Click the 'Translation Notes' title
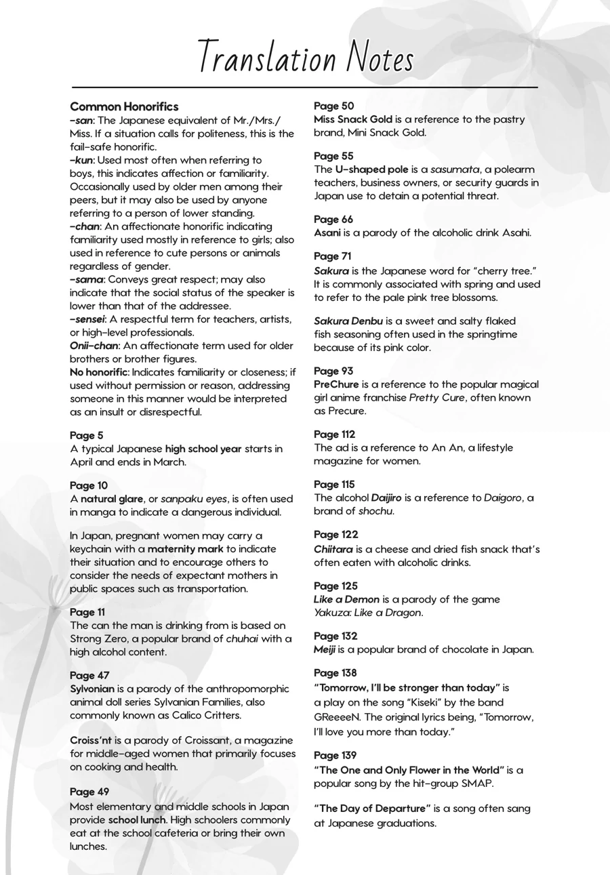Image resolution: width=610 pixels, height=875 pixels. pos(306,58)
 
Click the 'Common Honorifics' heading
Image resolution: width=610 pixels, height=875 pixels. pos(124,106)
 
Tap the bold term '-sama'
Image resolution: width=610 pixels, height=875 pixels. pos(87,279)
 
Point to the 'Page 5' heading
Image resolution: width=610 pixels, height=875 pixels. pos(87,435)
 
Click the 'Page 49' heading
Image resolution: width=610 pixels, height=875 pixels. pos(89,792)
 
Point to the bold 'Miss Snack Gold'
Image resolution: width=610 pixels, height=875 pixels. pos(352,119)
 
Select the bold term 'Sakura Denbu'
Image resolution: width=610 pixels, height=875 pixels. pos(348,321)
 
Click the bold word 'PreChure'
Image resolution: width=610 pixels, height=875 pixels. pos(336,384)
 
